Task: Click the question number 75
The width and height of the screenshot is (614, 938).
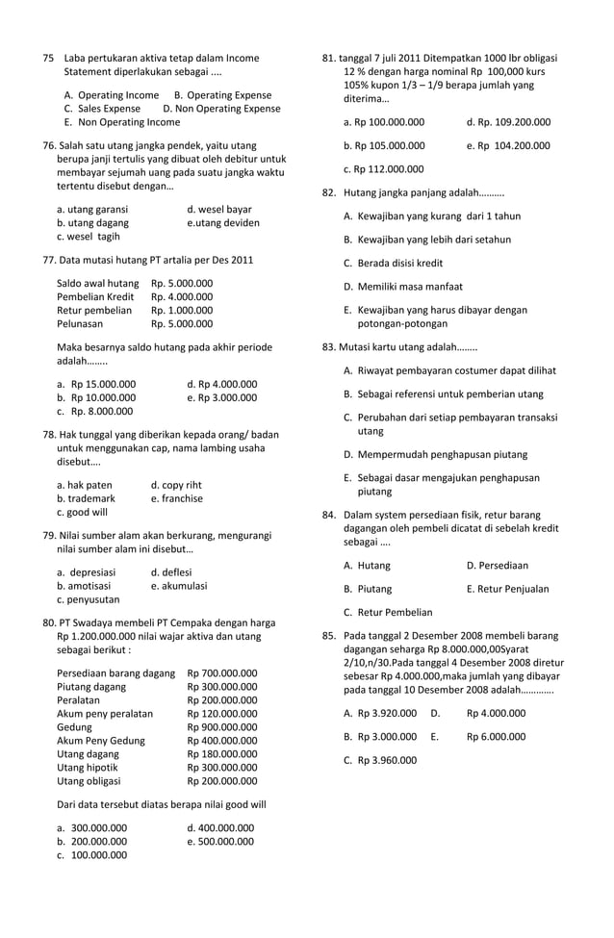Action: coord(48,58)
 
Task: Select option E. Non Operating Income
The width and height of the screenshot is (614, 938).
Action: coord(121,122)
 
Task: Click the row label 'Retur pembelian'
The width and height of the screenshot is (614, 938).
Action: coord(94,310)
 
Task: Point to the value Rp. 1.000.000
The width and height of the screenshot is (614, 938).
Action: coord(182,310)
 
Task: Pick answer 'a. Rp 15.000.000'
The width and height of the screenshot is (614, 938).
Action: coord(96,383)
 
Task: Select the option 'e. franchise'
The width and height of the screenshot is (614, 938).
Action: coord(177,498)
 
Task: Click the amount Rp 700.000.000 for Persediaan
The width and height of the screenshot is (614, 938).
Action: coord(222,672)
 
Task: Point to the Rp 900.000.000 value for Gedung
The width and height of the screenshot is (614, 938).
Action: coord(222,726)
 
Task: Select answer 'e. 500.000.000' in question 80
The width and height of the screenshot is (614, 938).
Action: coord(220,840)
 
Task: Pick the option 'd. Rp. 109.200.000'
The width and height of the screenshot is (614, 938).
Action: coord(508,122)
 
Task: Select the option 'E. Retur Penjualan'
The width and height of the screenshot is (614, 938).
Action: coord(507,588)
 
